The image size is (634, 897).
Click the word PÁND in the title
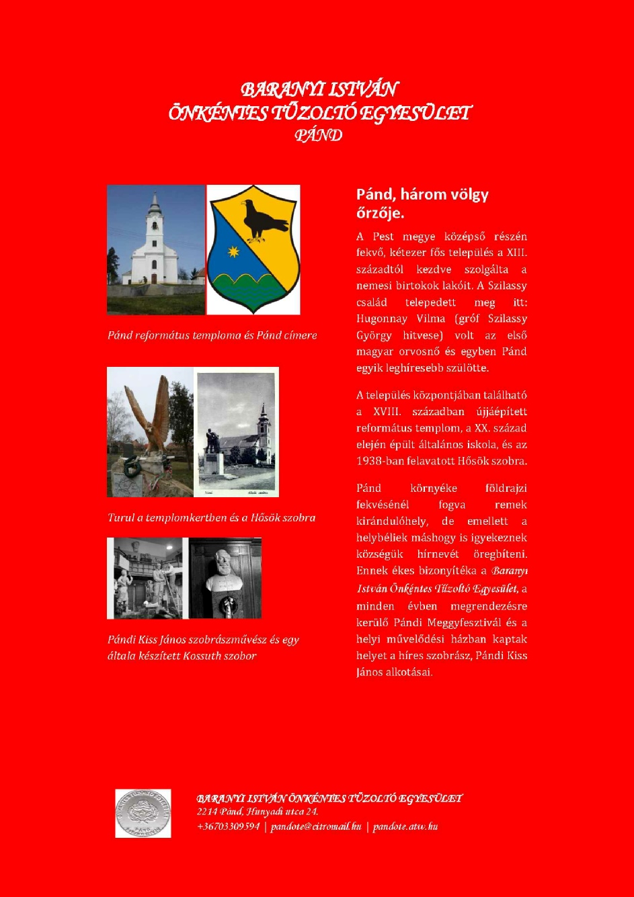click(318, 135)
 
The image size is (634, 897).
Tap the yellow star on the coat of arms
click(234, 252)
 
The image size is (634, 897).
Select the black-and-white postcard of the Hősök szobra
click(236, 431)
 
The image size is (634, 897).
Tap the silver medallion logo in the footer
click(143, 813)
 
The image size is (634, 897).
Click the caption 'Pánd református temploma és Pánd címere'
click(212, 335)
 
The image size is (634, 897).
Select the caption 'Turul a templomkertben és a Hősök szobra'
click(211, 517)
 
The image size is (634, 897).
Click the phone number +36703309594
click(228, 826)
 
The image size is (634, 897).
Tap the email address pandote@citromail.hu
click(316, 826)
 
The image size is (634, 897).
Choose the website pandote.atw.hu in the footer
click(405, 826)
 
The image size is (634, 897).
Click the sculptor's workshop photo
click(145, 578)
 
